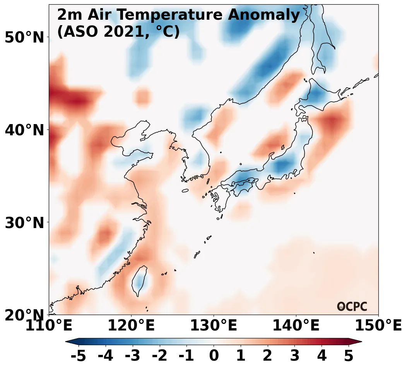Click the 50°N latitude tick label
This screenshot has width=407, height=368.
click(x=24, y=37)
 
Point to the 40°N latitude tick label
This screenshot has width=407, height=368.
click(x=24, y=130)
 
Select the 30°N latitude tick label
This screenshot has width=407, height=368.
click(x=24, y=223)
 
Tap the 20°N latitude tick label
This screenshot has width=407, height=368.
click(x=24, y=315)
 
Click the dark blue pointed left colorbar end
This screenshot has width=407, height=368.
click(x=72, y=341)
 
